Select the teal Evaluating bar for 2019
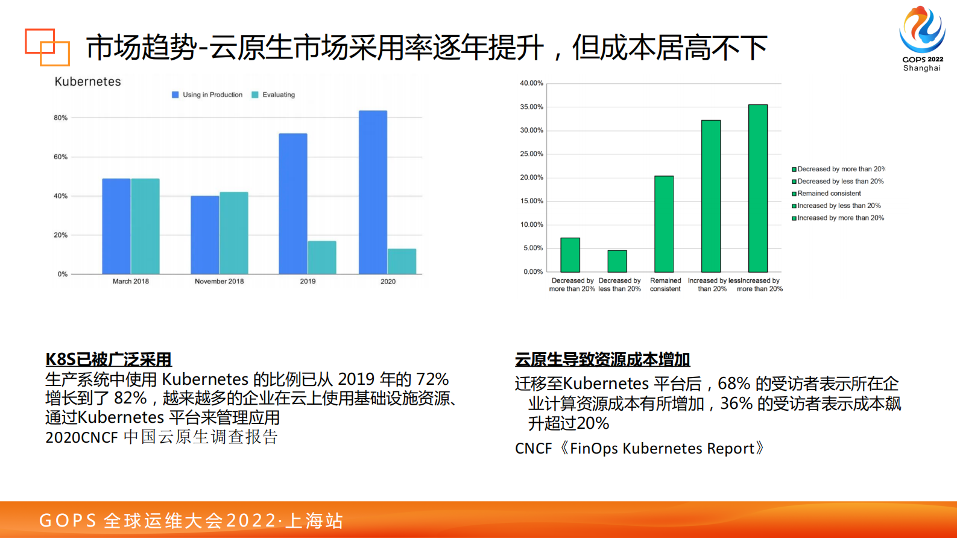(322, 258)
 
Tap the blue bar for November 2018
(205, 235)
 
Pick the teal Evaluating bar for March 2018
(145, 226)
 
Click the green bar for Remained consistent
(664, 224)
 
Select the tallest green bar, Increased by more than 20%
(758, 188)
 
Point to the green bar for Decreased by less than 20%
(617, 261)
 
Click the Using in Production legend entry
(207, 95)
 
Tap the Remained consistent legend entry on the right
(829, 194)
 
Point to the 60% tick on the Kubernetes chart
(61, 157)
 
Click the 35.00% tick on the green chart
(531, 107)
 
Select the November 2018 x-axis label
(219, 281)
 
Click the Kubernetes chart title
(87, 81)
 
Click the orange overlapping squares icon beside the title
(47, 46)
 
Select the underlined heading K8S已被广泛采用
(109, 359)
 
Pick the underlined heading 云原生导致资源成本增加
(602, 359)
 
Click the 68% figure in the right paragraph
(734, 384)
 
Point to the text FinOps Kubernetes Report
(662, 448)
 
